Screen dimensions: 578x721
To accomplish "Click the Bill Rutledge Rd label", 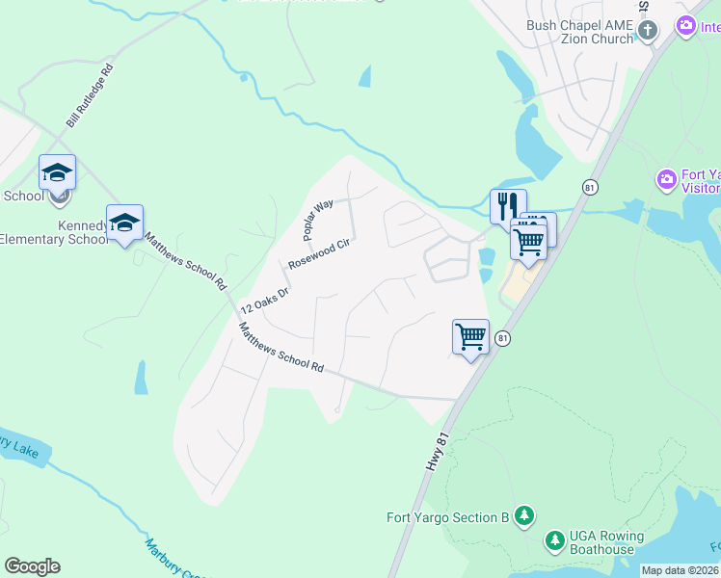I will tap(91, 97).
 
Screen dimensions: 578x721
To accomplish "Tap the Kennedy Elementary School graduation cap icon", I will tap(124, 223).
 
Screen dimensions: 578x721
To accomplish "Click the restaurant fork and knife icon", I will tap(508, 204).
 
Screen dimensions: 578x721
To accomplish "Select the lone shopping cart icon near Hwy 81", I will tap(470, 337).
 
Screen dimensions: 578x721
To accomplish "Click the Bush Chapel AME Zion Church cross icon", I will tap(647, 30).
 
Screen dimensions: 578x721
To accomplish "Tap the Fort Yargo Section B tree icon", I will tap(523, 516).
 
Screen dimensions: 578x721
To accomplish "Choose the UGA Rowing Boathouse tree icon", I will tap(554, 540).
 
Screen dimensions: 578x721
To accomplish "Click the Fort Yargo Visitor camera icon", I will tap(666, 179).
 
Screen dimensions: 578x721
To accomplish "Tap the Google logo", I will tap(32, 566).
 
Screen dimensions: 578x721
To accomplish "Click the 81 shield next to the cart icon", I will tap(502, 338).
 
